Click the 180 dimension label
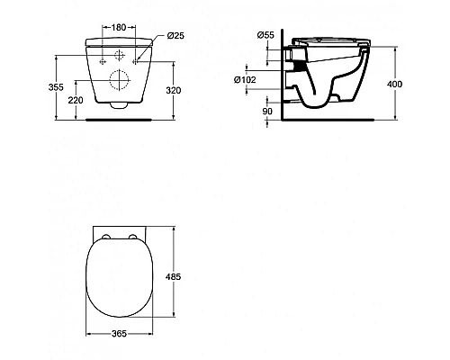point(119,27)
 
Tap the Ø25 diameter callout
point(175,36)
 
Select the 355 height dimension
point(56,87)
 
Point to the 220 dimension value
point(76,100)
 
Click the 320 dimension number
point(174,90)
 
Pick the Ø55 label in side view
point(265,35)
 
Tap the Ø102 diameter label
point(245,80)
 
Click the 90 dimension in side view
point(267,112)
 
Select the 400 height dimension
point(394,84)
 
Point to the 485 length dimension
point(173,276)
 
